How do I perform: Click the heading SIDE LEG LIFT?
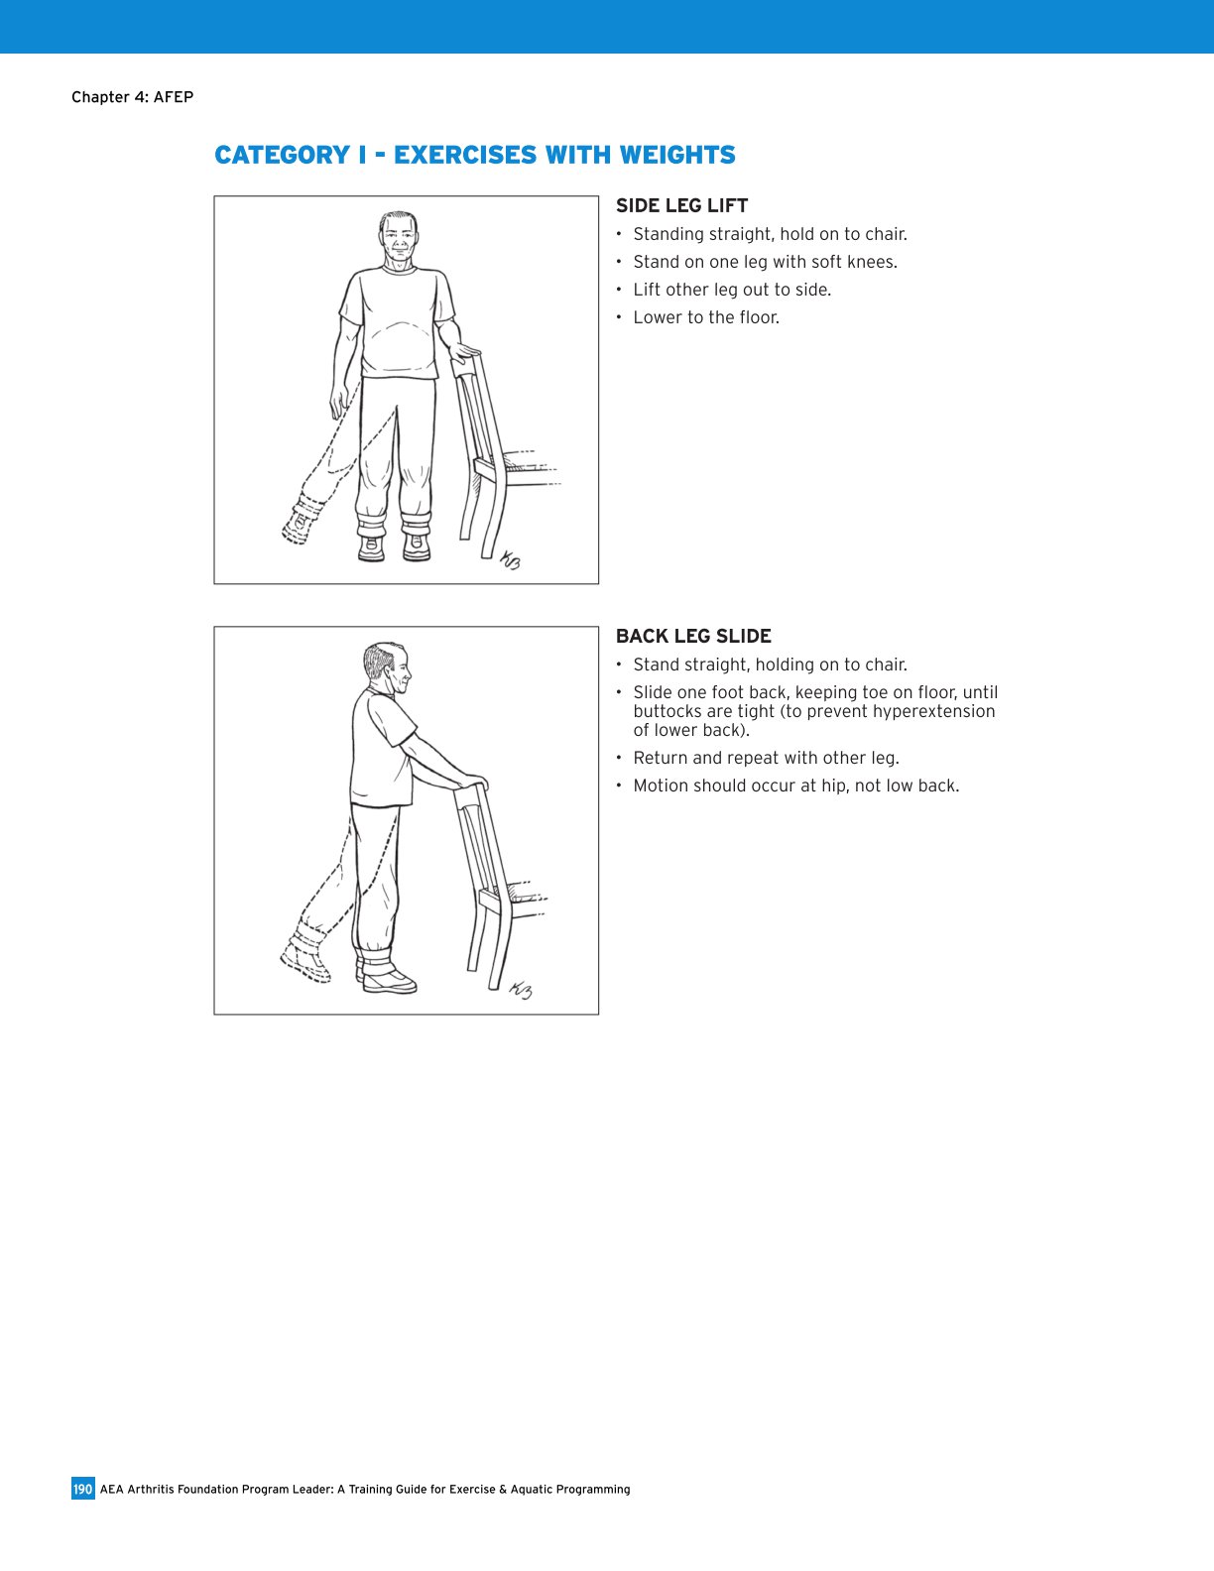tap(681, 205)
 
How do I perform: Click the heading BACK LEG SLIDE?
tap(693, 636)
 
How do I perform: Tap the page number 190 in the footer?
tap(82, 1489)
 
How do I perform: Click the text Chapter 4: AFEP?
tap(132, 97)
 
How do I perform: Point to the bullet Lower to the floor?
tap(706, 317)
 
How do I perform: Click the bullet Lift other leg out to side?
tap(732, 290)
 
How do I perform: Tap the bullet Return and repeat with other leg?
tap(766, 758)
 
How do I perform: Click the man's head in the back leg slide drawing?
tap(387, 670)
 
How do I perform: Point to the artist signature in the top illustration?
tap(510, 560)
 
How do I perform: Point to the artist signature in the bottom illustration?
tap(521, 989)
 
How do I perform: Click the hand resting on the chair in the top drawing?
tap(464, 350)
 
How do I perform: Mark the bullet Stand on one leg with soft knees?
tap(765, 262)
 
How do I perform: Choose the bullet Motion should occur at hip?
tap(795, 785)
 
